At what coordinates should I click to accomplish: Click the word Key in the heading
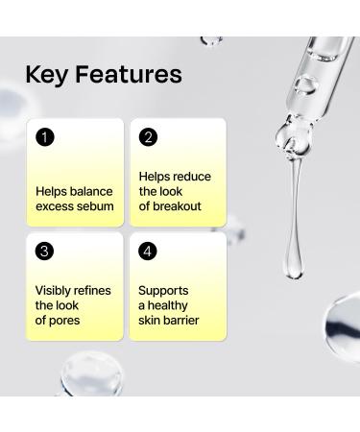point(47,74)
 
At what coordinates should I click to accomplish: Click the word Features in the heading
point(128,74)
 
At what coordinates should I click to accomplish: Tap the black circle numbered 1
point(44,137)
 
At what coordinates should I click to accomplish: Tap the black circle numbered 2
point(147,137)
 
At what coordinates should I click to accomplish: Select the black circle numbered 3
point(44,252)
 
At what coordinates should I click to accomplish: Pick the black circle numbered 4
point(147,252)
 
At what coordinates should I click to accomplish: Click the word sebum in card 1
point(96,206)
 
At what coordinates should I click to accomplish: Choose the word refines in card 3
point(94,290)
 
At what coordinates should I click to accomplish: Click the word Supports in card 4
point(163,290)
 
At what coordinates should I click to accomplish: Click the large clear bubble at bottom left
point(77,380)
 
